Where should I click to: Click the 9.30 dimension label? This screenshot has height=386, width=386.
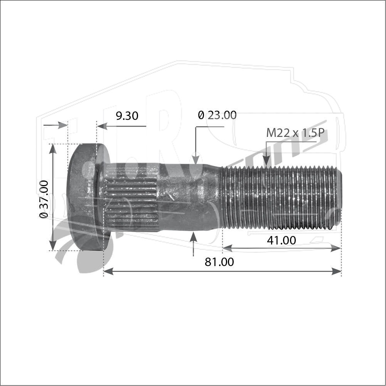click(x=127, y=116)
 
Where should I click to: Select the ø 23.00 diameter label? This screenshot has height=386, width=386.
click(x=217, y=115)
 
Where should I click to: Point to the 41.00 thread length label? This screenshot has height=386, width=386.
click(x=281, y=240)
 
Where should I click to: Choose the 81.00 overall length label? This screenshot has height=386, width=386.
click(x=219, y=262)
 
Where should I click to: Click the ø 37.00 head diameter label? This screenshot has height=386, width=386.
click(x=44, y=199)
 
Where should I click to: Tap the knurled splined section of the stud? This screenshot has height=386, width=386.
click(x=132, y=197)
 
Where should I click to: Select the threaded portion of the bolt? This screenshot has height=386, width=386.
click(x=281, y=197)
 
